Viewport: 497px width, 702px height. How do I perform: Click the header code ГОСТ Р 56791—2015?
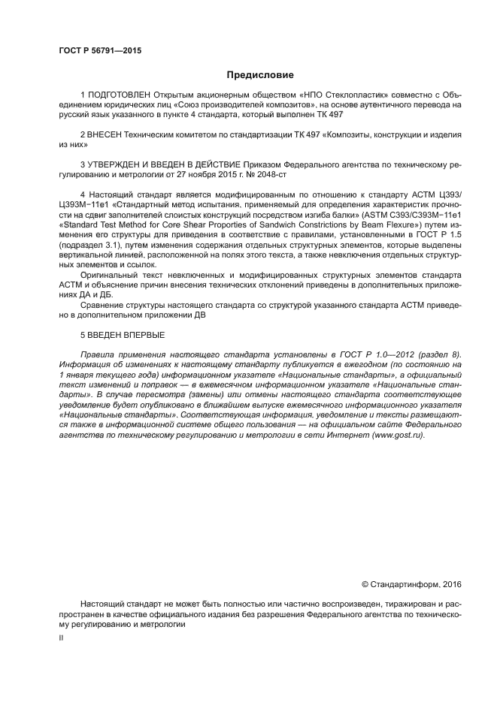point(99,51)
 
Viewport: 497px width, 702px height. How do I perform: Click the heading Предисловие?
point(259,74)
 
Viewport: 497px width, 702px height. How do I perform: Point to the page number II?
point(61,637)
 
